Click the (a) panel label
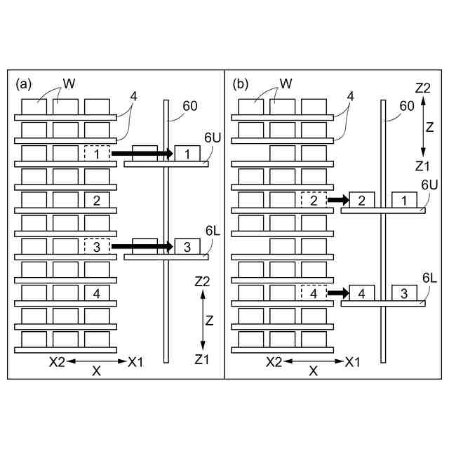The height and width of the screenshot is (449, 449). point(23,84)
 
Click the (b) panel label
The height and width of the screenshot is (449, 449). point(241,84)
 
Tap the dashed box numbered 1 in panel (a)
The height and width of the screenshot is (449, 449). point(96,154)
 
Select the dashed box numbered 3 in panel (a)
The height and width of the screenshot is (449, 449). point(96,247)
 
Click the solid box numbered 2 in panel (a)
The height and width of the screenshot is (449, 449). point(96,201)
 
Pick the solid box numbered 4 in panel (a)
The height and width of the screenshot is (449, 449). point(96,293)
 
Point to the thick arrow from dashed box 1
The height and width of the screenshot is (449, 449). point(142,153)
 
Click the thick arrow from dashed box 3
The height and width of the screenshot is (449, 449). point(142,246)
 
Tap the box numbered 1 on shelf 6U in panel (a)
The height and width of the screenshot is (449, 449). point(187,154)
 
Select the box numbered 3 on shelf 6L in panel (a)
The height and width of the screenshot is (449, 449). point(187,247)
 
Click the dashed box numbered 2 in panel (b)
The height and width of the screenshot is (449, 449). point(314,201)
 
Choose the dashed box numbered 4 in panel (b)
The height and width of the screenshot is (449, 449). point(314,293)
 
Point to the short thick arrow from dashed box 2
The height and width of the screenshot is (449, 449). point(338,200)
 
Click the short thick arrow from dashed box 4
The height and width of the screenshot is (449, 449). point(338,293)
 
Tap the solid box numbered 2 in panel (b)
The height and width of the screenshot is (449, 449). point(361,201)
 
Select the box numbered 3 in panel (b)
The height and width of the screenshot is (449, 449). point(404,293)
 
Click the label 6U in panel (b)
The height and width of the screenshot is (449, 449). point(429,183)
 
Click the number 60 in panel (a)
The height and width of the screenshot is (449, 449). point(189,106)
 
